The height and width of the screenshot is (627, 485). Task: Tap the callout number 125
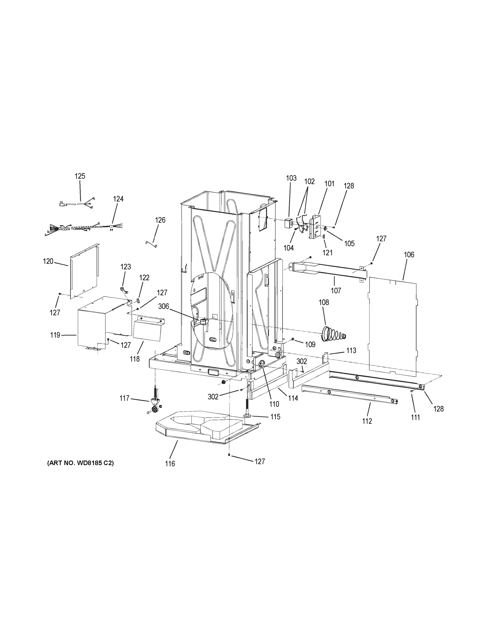(80, 176)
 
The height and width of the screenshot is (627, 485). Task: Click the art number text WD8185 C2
(81, 463)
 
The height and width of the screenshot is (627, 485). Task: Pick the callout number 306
(163, 307)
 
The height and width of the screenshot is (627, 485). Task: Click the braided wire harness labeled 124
(78, 229)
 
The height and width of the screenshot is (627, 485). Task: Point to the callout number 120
(48, 261)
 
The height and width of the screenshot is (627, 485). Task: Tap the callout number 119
(55, 335)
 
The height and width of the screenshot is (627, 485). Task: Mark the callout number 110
(274, 404)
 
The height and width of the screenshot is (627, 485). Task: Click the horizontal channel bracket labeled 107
(328, 270)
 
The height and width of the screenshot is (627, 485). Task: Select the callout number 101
(329, 183)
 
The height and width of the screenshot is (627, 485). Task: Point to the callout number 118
(134, 359)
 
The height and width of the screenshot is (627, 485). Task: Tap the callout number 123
(125, 267)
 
